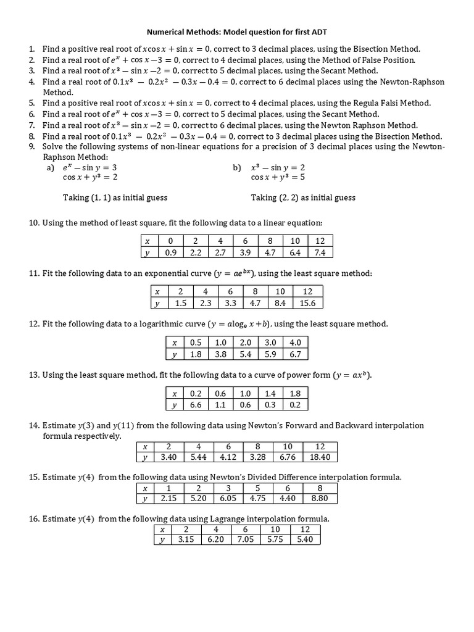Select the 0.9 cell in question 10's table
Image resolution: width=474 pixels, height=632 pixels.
(171, 252)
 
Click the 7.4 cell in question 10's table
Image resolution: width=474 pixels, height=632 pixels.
(320, 252)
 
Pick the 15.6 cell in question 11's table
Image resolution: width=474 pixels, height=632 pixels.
(307, 302)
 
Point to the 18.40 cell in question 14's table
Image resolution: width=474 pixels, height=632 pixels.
(320, 457)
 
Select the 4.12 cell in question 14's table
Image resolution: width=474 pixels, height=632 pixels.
(228, 457)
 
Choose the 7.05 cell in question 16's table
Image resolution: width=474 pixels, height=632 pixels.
(245, 539)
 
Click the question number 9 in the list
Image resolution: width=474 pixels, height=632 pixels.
(32, 146)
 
